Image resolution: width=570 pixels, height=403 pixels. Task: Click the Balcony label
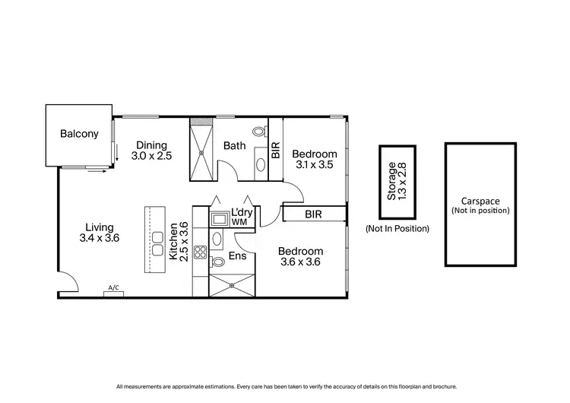click(80, 135)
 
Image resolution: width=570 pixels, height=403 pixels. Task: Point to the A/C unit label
click(114, 288)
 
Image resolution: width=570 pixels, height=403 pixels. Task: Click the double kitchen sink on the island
click(158, 249)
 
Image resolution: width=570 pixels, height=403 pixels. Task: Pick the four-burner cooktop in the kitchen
click(201, 252)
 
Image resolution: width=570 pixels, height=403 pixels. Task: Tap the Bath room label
click(233, 145)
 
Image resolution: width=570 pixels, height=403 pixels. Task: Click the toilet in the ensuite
click(217, 262)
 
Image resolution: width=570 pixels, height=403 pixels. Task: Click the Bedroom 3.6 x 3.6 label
click(300, 257)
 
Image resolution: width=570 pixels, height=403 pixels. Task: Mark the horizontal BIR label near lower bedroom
click(313, 214)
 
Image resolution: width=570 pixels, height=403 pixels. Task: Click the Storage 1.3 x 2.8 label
click(397, 180)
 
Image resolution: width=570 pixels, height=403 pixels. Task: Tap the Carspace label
click(480, 201)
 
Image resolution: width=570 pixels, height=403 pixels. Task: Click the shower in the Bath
click(202, 149)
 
